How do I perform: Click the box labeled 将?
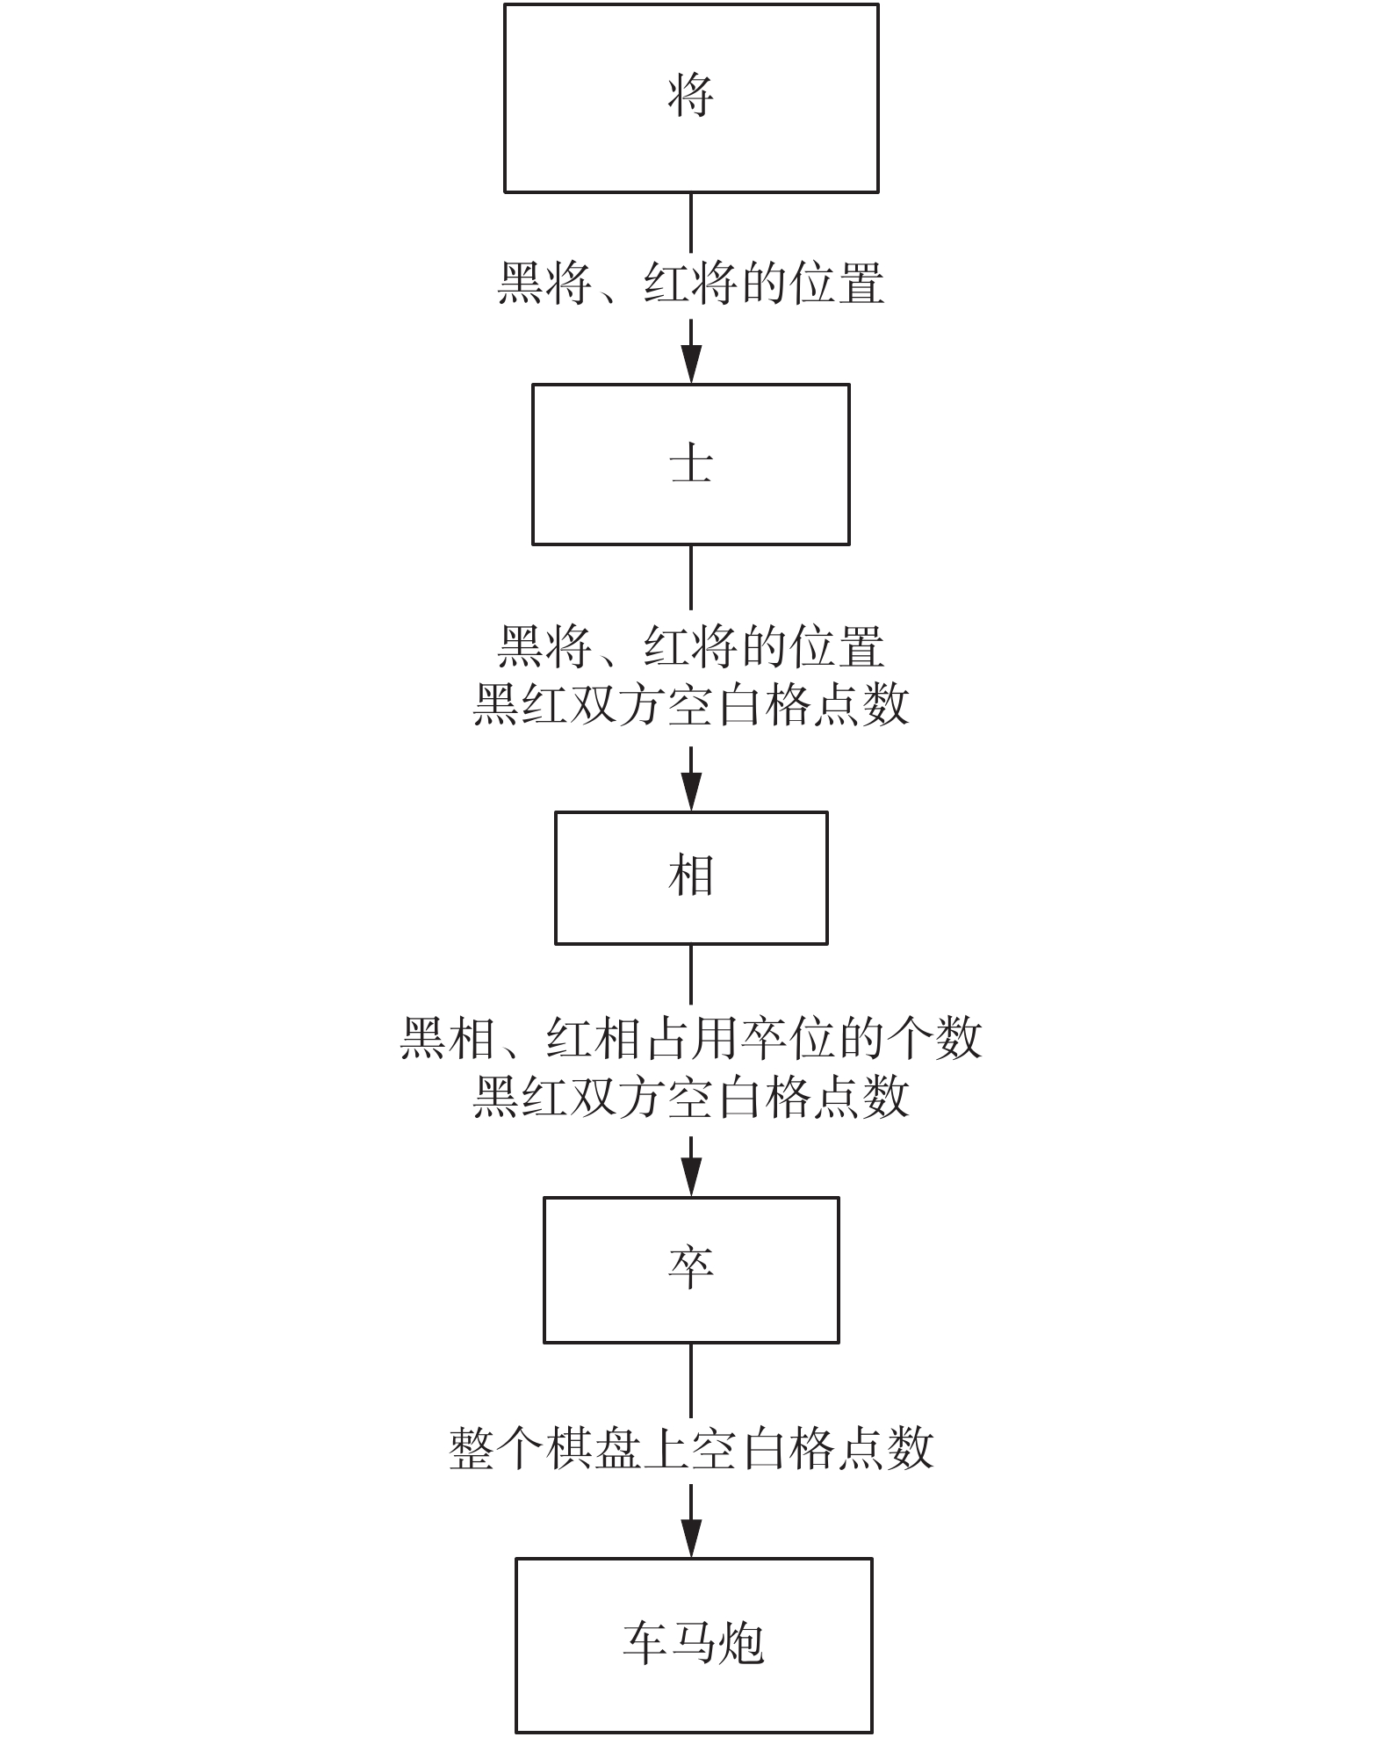[x=691, y=98]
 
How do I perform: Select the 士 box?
[x=691, y=464]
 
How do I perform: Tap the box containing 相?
[x=691, y=877]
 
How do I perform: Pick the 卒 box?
[x=691, y=1269]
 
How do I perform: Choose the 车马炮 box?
[x=694, y=1644]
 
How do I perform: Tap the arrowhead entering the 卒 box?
[x=692, y=1177]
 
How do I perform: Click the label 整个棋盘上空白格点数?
[x=691, y=1448]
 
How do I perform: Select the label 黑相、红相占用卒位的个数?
[x=691, y=1039]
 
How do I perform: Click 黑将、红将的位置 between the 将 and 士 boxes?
[x=691, y=284]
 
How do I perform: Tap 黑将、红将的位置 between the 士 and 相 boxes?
[x=691, y=647]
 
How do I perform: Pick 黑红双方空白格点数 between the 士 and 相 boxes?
[x=691, y=704]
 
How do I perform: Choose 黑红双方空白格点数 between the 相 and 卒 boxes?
[x=691, y=1097]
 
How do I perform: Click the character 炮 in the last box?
[x=740, y=1644]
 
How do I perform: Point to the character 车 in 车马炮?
[x=645, y=1644]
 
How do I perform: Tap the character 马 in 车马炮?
[x=693, y=1644]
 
